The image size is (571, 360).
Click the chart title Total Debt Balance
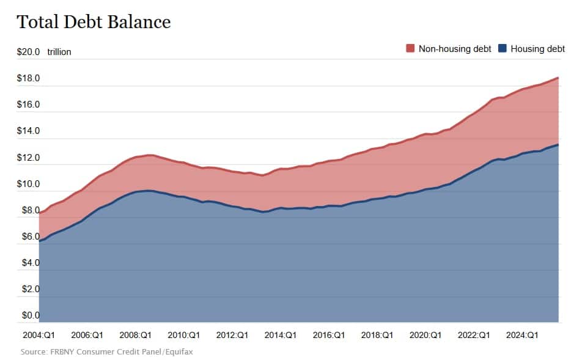(x=94, y=22)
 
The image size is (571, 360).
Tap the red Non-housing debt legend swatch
(x=410, y=48)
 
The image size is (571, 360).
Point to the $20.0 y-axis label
(x=28, y=52)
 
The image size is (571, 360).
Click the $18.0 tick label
(x=28, y=78)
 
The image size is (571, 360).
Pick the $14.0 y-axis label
(x=28, y=131)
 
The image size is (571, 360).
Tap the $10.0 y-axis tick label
(x=28, y=184)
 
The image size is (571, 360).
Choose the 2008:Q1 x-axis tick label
(x=135, y=335)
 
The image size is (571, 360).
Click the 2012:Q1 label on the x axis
(x=232, y=335)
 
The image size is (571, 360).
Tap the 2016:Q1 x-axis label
(x=329, y=335)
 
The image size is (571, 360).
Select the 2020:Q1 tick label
(x=425, y=335)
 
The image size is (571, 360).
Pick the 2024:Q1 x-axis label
(x=523, y=335)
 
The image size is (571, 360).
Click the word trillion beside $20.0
(x=59, y=52)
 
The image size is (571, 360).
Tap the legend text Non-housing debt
(x=455, y=48)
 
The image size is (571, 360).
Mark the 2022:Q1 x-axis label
(x=474, y=335)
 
